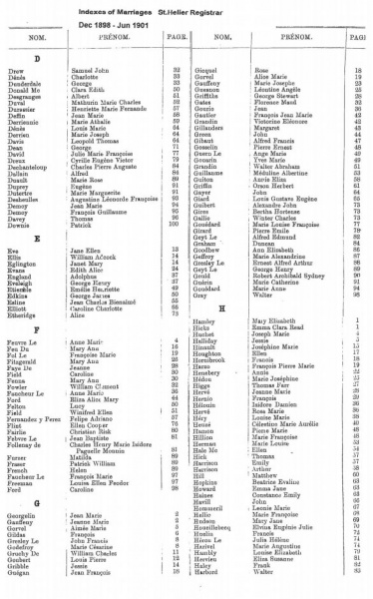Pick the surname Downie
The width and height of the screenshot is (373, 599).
click(21, 227)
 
